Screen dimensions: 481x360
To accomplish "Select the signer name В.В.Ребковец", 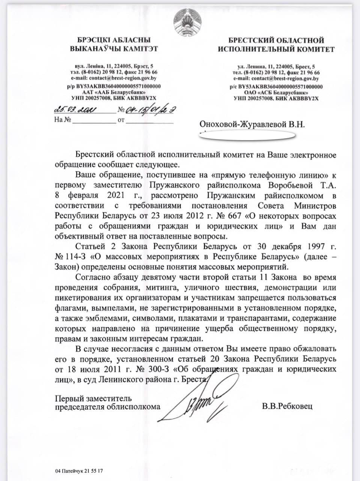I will click(x=288, y=407).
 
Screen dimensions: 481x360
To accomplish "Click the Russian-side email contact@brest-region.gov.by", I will click(x=276, y=79).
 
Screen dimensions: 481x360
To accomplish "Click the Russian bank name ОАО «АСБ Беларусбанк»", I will click(x=276, y=92).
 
